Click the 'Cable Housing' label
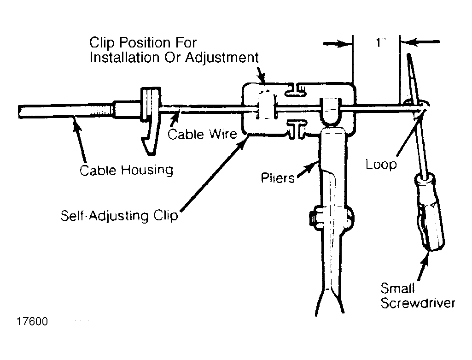point(127,170)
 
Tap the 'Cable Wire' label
point(202,134)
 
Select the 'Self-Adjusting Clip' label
point(119,216)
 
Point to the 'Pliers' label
point(278,178)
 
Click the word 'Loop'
point(381,165)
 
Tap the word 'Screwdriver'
point(418,303)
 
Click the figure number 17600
point(32,322)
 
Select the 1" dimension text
point(380,43)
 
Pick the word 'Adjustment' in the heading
point(222,58)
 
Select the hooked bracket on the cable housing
point(151,120)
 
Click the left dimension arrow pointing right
point(338,44)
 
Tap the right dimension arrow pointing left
point(420,42)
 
